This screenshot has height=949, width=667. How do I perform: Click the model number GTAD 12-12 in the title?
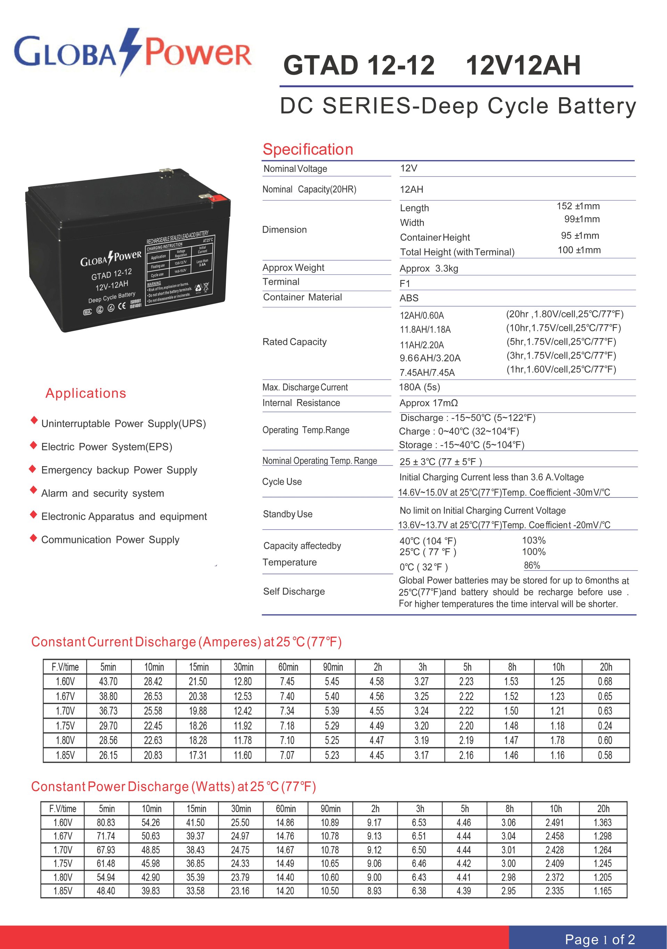pos(359,65)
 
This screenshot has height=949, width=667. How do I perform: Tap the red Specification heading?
pos(308,149)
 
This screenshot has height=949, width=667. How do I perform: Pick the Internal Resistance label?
pos(301,403)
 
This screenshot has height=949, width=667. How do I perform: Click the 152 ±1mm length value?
pos(578,206)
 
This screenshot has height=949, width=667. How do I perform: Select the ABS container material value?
pos(409,298)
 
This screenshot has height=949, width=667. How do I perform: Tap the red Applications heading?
pos(85,393)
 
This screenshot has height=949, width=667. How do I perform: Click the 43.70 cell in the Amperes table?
pos(108,682)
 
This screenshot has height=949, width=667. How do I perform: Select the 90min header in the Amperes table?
pos(333,667)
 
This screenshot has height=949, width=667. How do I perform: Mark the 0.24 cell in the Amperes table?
pos(605,726)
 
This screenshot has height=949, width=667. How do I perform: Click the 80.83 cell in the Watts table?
pos(106,823)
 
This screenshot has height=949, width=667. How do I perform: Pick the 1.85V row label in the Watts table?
pos(63,891)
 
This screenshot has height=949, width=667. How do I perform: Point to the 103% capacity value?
pos(534,540)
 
